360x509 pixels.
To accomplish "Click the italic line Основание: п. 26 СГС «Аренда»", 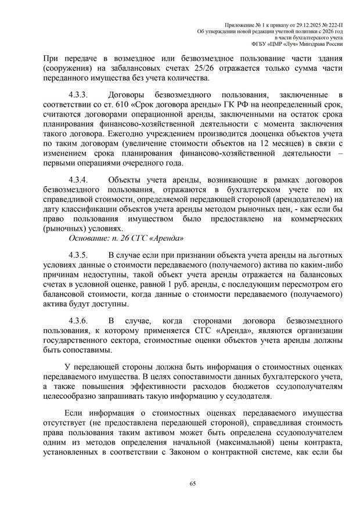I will [127, 239].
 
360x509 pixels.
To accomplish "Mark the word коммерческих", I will [312, 219].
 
